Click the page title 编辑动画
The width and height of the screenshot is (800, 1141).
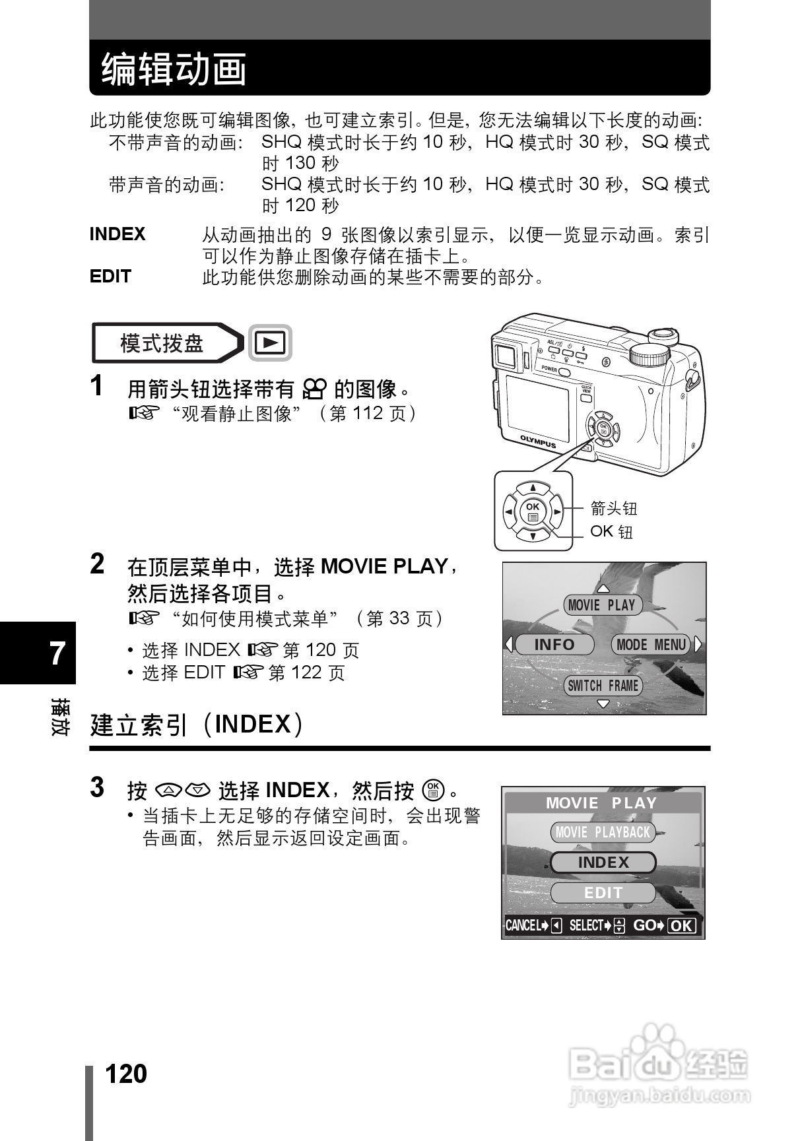[x=174, y=70]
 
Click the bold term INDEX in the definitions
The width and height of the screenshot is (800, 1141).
[x=117, y=234]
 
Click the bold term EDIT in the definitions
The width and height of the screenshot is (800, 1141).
[x=110, y=277]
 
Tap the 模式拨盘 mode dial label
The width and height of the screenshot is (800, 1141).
[x=162, y=343]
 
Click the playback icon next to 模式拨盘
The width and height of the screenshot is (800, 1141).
[x=271, y=343]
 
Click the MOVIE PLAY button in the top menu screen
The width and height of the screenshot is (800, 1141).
[x=602, y=605]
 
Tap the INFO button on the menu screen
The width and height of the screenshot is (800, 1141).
[x=554, y=645]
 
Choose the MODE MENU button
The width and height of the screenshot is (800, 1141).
[x=651, y=645]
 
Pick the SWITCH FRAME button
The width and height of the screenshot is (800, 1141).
[x=603, y=686]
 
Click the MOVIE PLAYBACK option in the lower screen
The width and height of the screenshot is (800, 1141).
[x=603, y=832]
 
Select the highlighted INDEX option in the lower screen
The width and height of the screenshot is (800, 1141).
[x=603, y=863]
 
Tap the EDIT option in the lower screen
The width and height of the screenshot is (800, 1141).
[x=603, y=893]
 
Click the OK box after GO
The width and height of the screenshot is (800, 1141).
[x=682, y=926]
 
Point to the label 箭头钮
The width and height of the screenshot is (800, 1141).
[x=614, y=508]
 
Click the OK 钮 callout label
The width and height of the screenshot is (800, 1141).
[x=611, y=531]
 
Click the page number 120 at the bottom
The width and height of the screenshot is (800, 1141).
[x=126, y=1074]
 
